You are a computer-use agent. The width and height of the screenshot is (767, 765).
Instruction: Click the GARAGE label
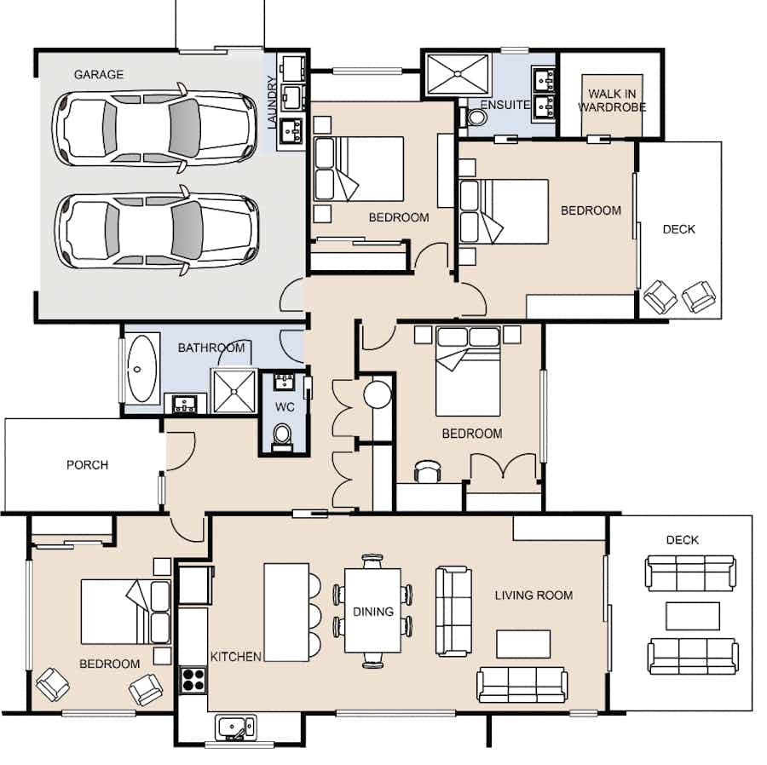tap(98, 75)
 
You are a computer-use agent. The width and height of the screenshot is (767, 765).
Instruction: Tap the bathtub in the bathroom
tap(141, 369)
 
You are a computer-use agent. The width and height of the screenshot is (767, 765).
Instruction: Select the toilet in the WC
tap(282, 436)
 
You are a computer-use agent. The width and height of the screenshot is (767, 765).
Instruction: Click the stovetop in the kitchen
tap(193, 680)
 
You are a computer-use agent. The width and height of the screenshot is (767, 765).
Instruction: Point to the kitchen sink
tap(235, 728)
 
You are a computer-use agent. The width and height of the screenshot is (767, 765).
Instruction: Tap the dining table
tap(372, 611)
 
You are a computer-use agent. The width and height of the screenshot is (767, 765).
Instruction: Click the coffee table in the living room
tap(523, 644)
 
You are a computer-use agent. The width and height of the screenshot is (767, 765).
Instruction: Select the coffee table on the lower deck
tap(692, 616)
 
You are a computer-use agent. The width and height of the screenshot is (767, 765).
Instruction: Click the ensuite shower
tap(458, 74)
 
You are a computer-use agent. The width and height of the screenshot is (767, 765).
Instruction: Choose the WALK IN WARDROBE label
tap(612, 101)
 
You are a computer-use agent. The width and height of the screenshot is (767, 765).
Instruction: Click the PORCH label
tap(88, 465)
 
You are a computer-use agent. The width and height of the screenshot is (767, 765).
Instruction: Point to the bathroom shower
tap(234, 391)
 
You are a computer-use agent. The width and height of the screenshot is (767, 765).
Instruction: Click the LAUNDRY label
tap(273, 102)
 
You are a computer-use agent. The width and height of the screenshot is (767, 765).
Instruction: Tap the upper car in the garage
tap(154, 128)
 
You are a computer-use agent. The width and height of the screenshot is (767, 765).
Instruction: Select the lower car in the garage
tap(157, 230)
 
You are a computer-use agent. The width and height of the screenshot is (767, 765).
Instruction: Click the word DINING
tap(373, 612)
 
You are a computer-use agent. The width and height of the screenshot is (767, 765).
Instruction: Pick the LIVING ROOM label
tap(533, 595)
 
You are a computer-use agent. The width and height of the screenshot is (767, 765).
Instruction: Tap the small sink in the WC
tap(284, 382)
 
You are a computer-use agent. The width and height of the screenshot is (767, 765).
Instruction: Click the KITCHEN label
tap(236, 657)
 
